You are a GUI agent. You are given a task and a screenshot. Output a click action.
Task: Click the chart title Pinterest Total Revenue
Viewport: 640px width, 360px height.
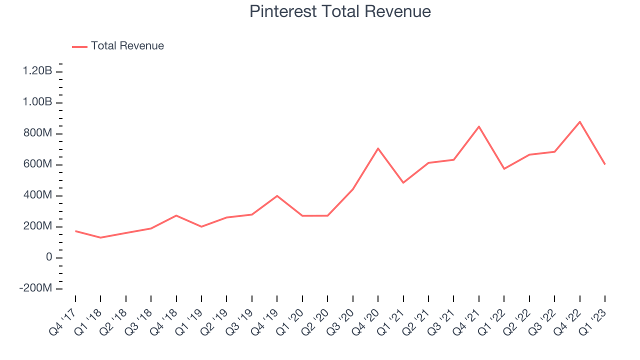tap(340, 11)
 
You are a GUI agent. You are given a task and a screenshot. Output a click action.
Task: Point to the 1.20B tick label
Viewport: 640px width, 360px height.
tap(37, 71)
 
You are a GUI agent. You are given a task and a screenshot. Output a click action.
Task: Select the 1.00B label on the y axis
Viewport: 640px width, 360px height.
tap(37, 102)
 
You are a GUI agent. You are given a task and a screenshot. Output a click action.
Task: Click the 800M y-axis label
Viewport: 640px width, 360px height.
tap(37, 134)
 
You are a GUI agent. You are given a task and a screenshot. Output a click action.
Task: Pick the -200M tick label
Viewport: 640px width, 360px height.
tap(35, 289)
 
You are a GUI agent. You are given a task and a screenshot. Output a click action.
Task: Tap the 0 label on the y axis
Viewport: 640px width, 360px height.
tap(48, 257)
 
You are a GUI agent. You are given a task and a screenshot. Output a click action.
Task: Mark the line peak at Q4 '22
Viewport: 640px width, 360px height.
tap(580, 121)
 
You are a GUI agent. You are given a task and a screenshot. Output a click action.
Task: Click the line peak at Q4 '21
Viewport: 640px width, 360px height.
tap(479, 126)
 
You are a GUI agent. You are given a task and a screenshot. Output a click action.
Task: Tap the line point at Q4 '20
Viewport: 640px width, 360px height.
tap(378, 148)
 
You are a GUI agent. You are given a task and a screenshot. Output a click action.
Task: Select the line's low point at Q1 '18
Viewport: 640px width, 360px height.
tap(100, 237)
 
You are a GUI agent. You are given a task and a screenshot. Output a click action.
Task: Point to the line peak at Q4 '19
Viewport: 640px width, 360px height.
tap(277, 195)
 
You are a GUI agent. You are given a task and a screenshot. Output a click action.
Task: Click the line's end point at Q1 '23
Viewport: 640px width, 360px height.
tap(605, 164)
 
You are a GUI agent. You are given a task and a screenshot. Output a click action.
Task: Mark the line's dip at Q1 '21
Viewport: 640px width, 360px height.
tap(403, 182)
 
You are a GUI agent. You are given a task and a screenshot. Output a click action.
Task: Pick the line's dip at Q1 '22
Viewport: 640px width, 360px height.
tap(504, 168)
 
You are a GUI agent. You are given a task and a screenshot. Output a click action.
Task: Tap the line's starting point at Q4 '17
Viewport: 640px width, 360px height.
tap(75, 231)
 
